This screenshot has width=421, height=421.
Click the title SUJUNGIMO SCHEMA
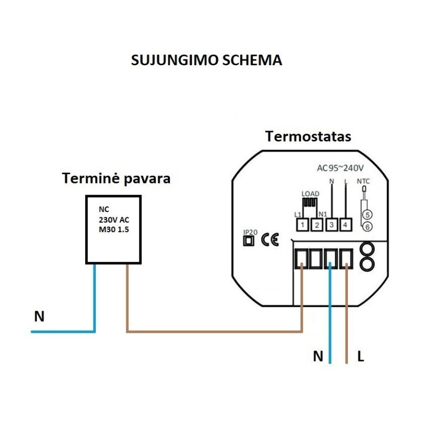tap(206, 60)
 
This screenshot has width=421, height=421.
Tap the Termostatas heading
tap(308, 137)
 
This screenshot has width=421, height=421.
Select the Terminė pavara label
tap(116, 178)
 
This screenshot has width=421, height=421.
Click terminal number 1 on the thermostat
tap(302, 225)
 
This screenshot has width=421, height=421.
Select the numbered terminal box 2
tap(317, 225)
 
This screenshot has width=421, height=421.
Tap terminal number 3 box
tap(332, 225)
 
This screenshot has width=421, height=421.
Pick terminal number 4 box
tap(346, 225)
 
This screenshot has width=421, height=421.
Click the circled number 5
tap(367, 214)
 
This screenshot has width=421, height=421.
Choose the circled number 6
tap(367, 227)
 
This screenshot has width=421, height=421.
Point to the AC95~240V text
tap(340, 168)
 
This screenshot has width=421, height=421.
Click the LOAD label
tap(310, 193)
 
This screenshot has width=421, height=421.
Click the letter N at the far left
tap(39, 317)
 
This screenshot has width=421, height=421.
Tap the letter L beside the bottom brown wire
tap(360, 357)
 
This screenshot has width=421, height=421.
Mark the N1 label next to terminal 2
tap(324, 214)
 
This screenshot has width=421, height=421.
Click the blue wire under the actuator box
tap(95, 297)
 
